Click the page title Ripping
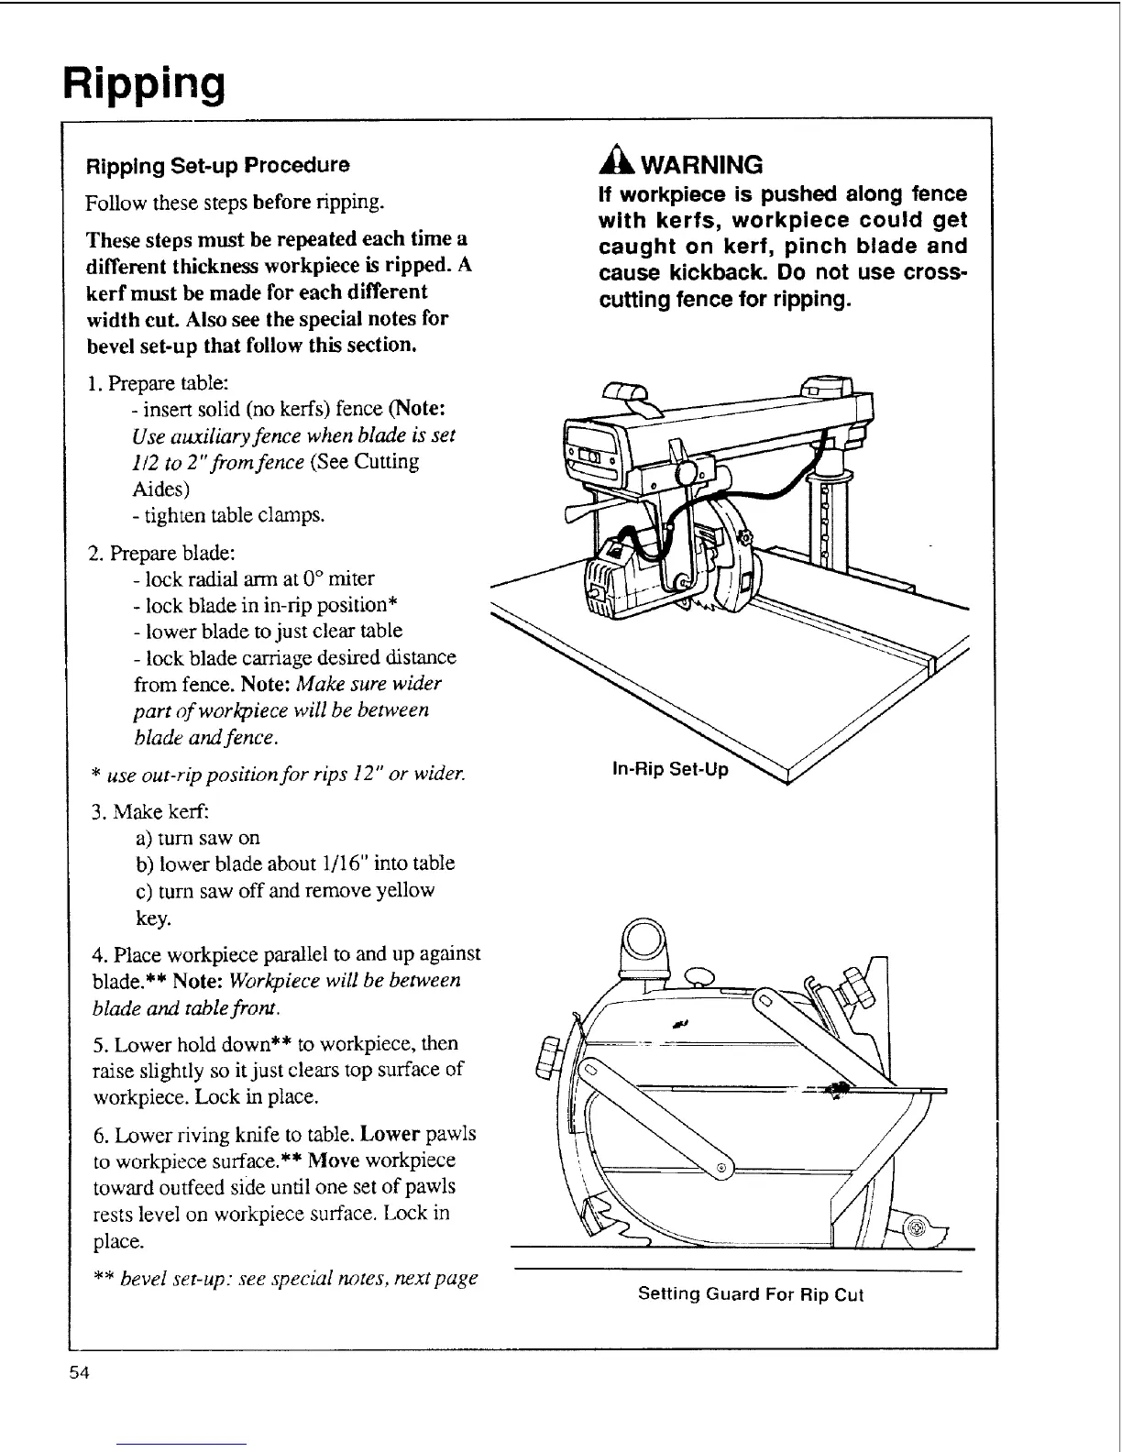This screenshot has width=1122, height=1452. [x=144, y=83]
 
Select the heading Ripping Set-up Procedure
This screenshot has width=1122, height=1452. [x=217, y=166]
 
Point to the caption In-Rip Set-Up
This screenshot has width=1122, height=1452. [x=670, y=769]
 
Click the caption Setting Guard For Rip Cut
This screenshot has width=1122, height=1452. [x=750, y=1294]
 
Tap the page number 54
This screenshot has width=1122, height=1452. [x=77, y=1373]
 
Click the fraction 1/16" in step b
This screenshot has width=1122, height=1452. [x=330, y=863]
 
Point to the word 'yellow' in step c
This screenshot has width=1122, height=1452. [x=406, y=890]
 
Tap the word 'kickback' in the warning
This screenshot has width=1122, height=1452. [x=712, y=273]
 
